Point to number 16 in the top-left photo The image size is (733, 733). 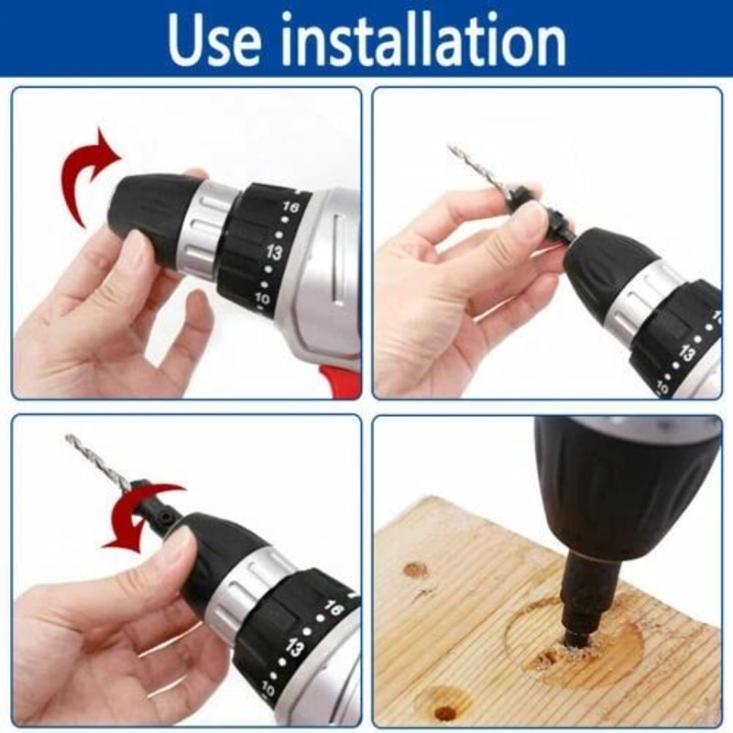coord(290,209)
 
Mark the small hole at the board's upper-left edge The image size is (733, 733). coord(415,570)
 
